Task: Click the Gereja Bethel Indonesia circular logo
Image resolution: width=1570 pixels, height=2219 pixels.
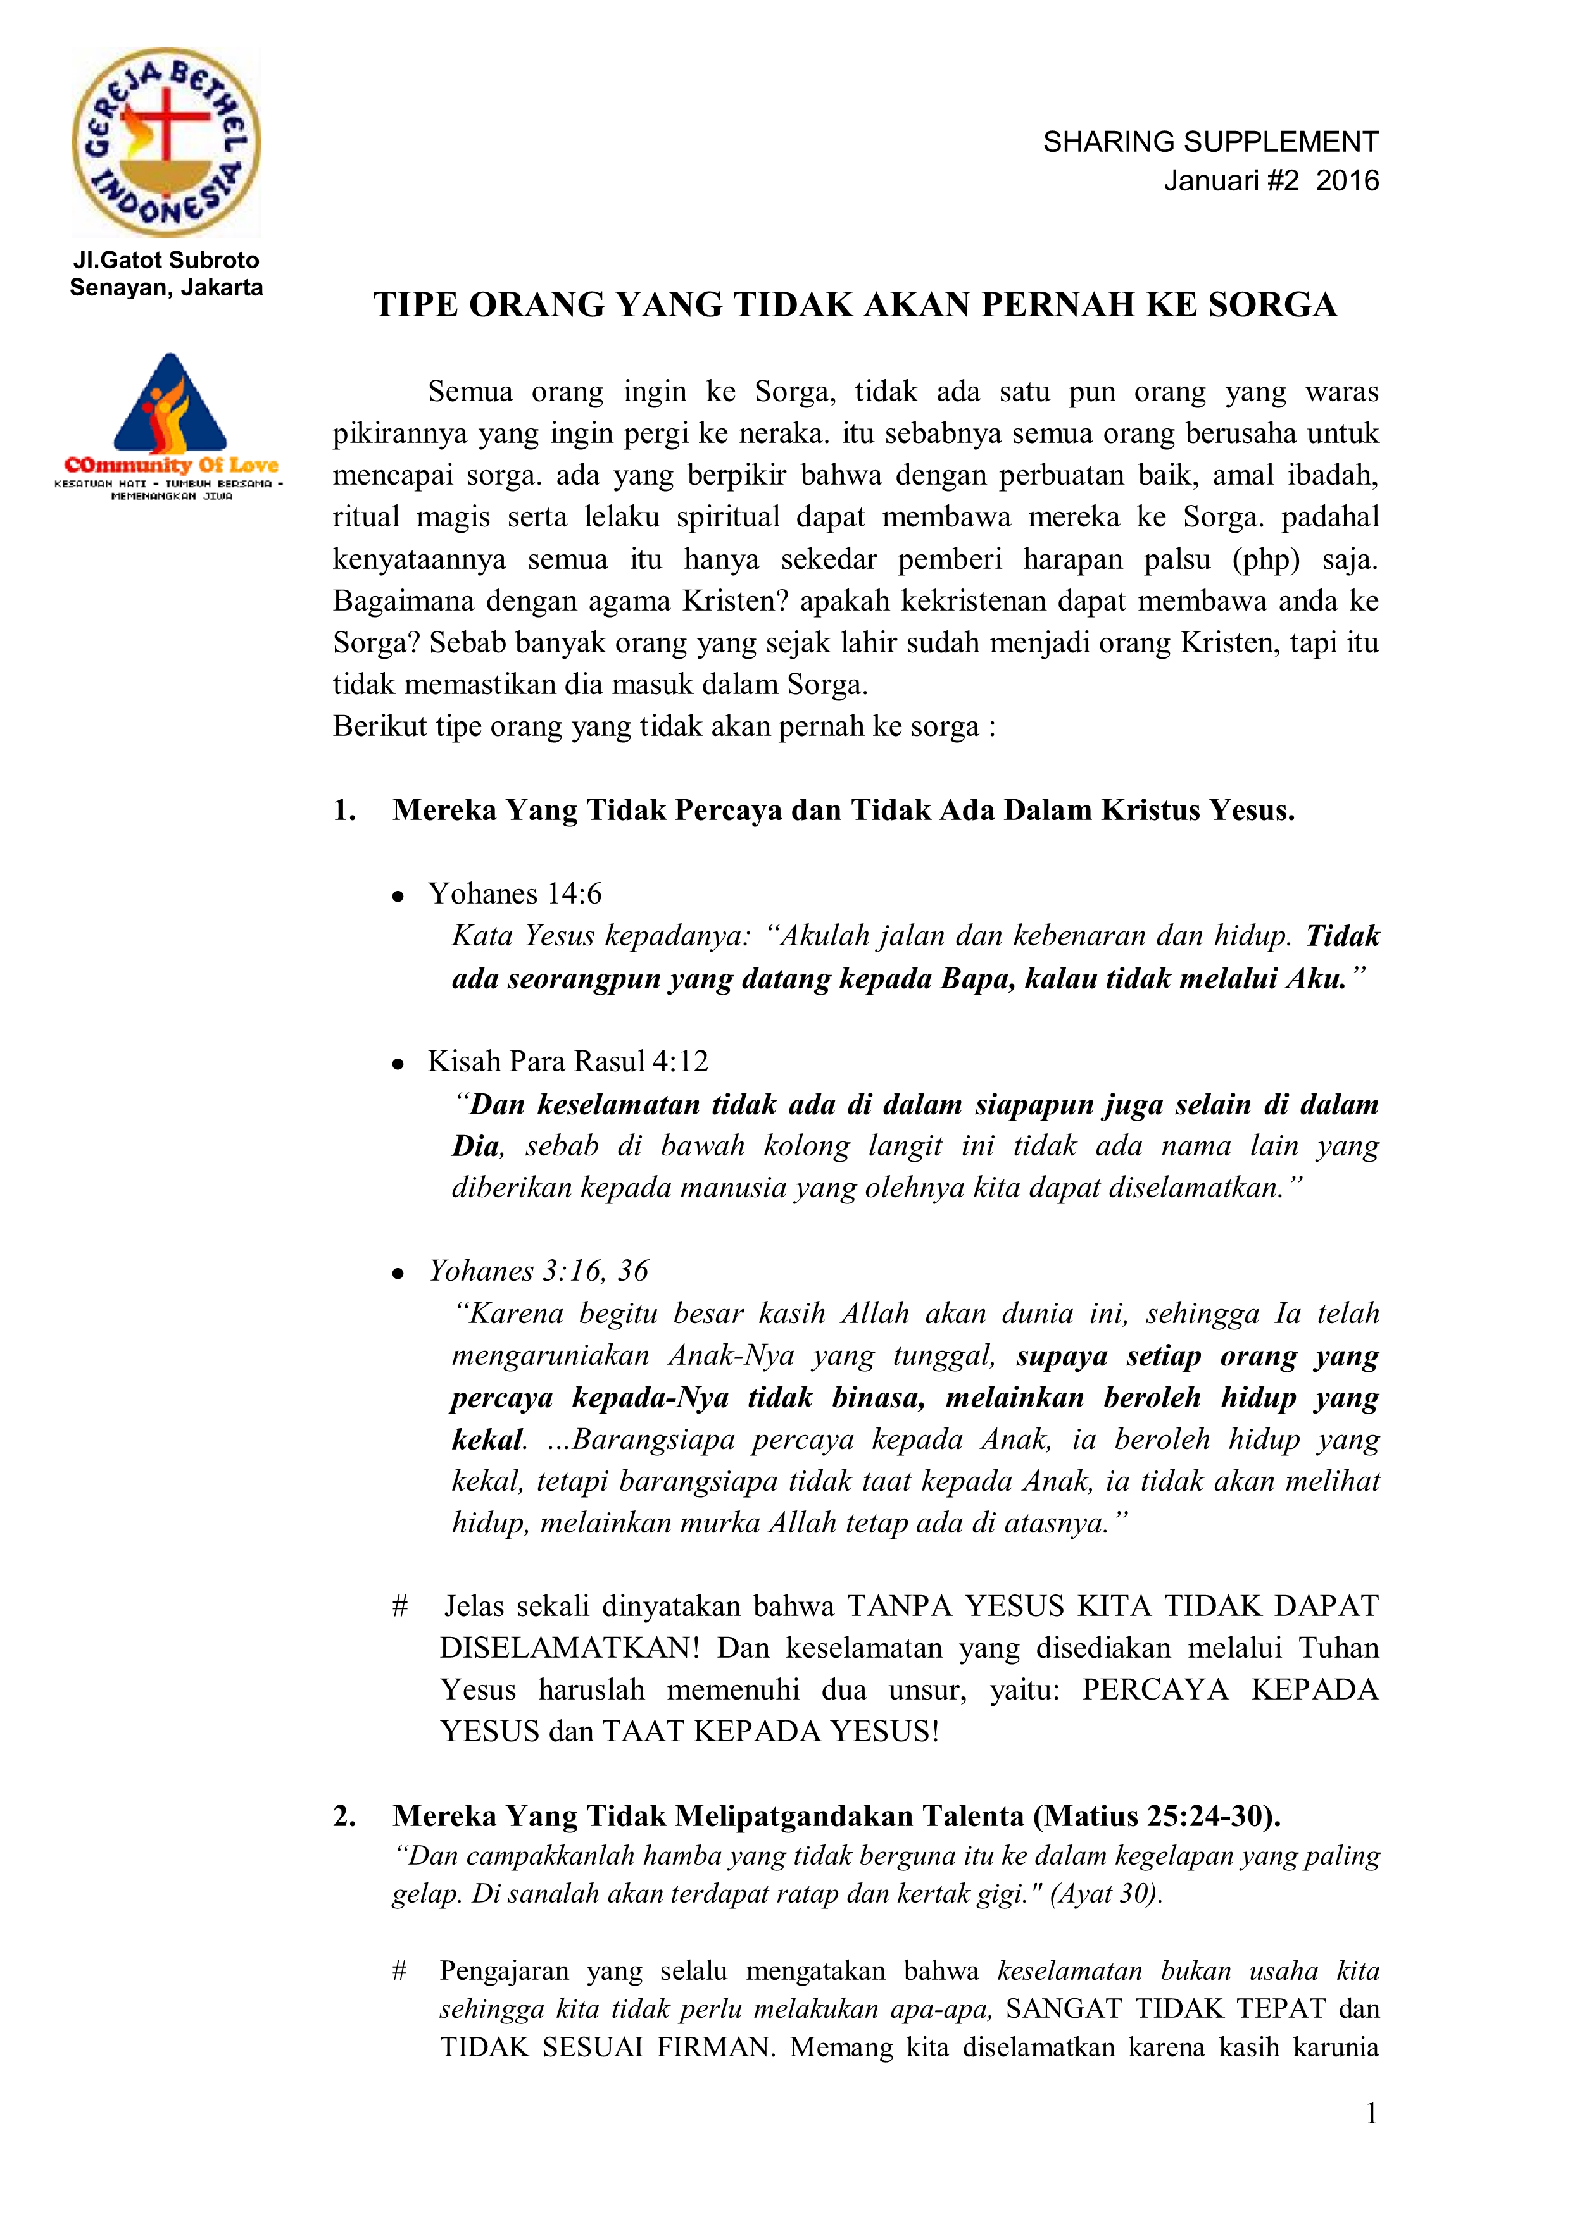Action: pos(166,143)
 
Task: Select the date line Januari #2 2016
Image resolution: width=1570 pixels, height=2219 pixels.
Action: pos(1271,181)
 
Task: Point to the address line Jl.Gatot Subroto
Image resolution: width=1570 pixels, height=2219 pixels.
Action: pos(166,260)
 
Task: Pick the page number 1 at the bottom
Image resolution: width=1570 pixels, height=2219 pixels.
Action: pos(1371,2114)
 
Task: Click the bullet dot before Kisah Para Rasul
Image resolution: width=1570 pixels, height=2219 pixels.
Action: pos(398,1065)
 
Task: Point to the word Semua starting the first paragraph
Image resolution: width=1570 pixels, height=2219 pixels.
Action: pos(470,392)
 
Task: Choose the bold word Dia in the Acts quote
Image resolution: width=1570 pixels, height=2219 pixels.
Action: pos(475,1147)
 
